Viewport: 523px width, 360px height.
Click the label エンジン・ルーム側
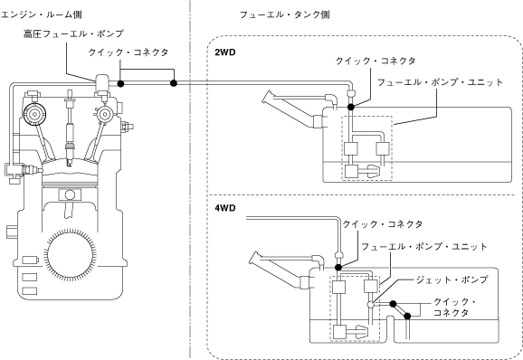click(41, 14)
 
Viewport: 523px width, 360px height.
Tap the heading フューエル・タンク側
click(285, 14)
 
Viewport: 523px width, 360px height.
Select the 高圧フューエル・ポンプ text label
click(73, 33)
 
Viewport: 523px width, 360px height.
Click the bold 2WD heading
click(225, 52)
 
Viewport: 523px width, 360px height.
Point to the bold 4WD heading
click(225, 208)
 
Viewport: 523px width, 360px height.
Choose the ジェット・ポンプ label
click(452, 279)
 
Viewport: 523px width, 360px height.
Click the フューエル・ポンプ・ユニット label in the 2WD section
click(440, 82)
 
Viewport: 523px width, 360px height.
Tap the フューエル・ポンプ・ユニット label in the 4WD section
click(424, 247)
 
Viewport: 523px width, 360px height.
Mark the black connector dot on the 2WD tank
click(350, 107)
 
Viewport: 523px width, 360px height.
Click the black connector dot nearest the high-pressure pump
click(120, 83)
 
